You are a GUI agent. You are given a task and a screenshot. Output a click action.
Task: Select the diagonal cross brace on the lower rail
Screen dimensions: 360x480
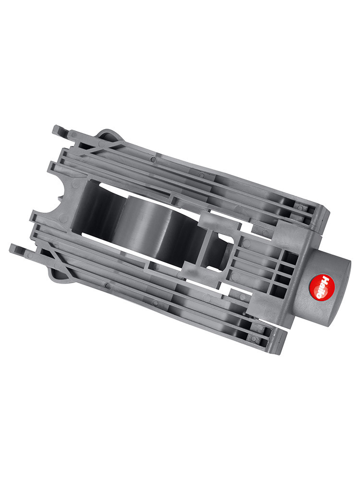click(55, 261)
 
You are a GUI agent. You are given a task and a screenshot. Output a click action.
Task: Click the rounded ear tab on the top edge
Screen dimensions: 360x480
click(107, 135)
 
